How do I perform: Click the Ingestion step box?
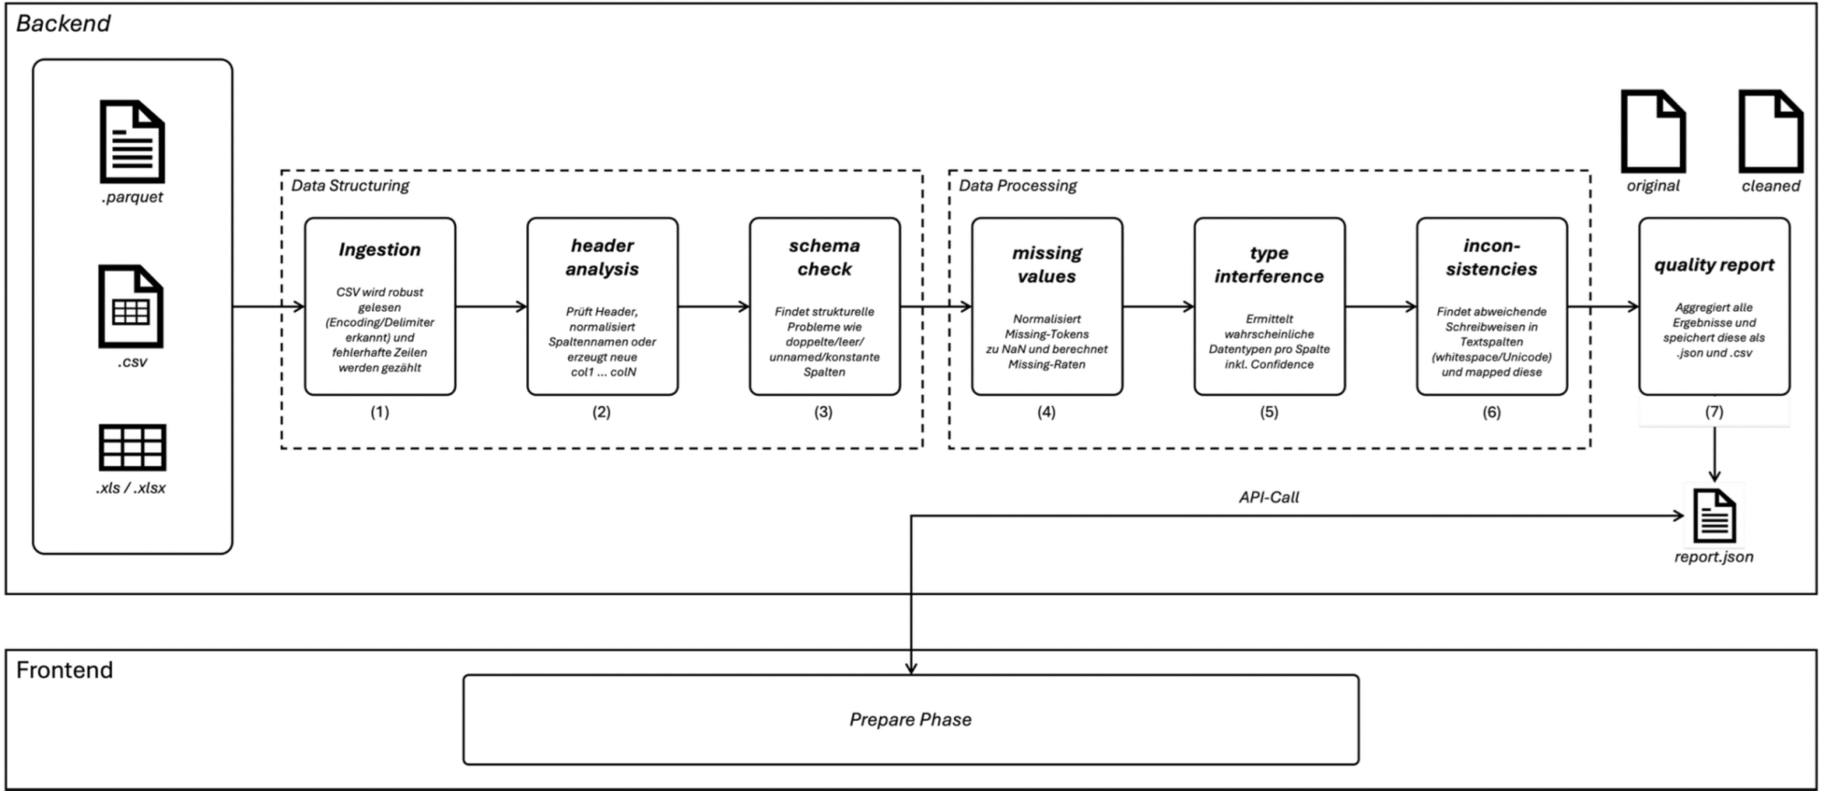(x=379, y=307)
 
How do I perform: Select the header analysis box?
(x=602, y=307)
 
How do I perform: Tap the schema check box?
(x=824, y=307)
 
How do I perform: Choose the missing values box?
(x=1047, y=307)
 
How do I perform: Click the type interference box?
(x=1270, y=307)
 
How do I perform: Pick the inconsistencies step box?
(x=1492, y=307)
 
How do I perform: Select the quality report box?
(x=1715, y=307)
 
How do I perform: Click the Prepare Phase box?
(x=911, y=720)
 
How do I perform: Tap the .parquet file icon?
(x=132, y=141)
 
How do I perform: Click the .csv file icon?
(x=131, y=307)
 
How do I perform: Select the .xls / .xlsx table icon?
(x=132, y=447)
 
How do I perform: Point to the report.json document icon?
(x=1715, y=516)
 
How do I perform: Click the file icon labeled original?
(x=1653, y=131)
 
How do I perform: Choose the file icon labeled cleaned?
(x=1771, y=131)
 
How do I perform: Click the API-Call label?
(x=1269, y=497)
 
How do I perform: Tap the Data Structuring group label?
(x=350, y=186)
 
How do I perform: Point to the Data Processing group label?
(x=1018, y=186)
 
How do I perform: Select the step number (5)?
(x=1270, y=412)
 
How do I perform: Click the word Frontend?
(x=65, y=670)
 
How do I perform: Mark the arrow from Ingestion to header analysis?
(x=492, y=307)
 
